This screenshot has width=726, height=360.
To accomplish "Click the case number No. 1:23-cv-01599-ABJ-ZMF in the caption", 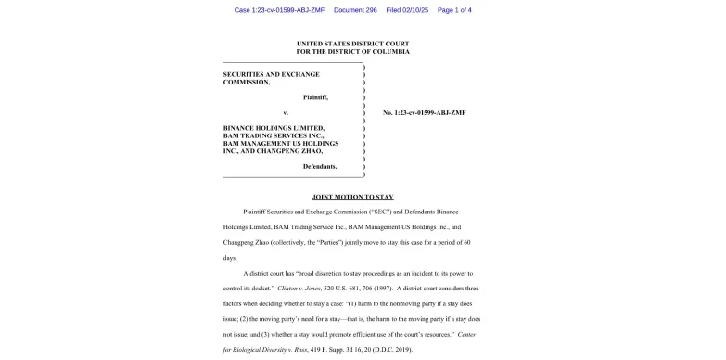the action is (x=424, y=112).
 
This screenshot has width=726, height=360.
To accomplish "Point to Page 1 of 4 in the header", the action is (x=454, y=10).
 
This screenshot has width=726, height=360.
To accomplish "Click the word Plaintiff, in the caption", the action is (x=315, y=96).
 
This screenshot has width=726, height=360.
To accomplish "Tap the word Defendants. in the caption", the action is (x=320, y=166).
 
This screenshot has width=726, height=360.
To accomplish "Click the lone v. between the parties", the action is (x=286, y=112).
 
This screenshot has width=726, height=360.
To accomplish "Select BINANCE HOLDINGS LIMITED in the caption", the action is (x=274, y=128).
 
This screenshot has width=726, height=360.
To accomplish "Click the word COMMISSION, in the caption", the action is (x=247, y=82).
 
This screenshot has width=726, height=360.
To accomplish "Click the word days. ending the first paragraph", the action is (x=230, y=257).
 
